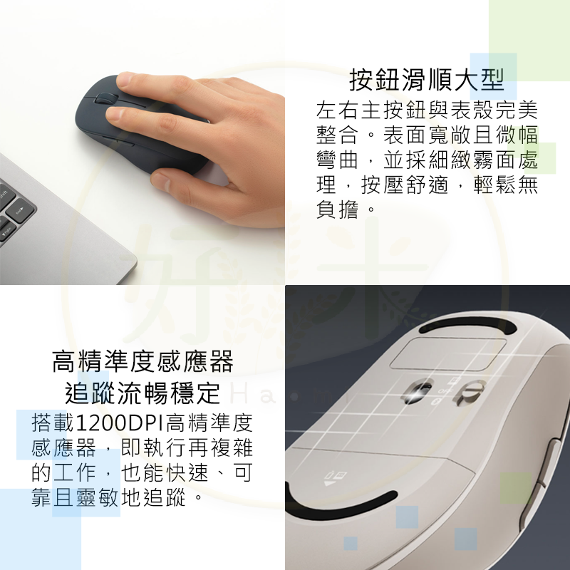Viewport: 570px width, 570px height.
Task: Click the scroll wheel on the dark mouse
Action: [106, 99]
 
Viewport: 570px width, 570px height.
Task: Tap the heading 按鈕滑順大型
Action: [427, 80]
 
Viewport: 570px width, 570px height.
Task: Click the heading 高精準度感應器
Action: [142, 361]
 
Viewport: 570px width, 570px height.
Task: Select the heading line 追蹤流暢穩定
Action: [142, 393]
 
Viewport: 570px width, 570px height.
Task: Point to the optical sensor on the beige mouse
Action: [418, 391]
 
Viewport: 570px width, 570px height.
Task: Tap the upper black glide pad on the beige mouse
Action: [468, 325]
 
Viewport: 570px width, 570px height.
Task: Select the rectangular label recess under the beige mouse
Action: [448, 353]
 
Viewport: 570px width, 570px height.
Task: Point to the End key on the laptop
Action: [21, 210]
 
